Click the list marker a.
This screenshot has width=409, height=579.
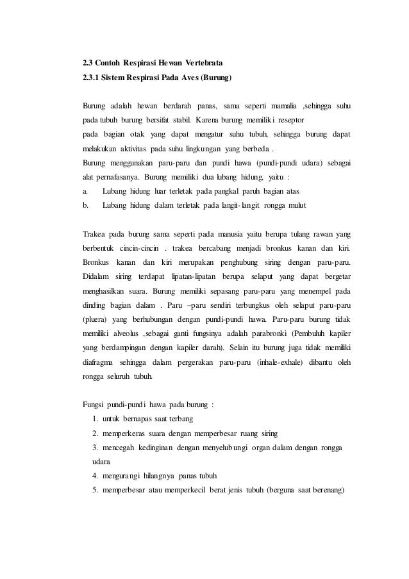click(85, 192)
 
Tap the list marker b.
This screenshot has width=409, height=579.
click(85, 206)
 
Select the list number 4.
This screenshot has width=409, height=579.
click(96, 476)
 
